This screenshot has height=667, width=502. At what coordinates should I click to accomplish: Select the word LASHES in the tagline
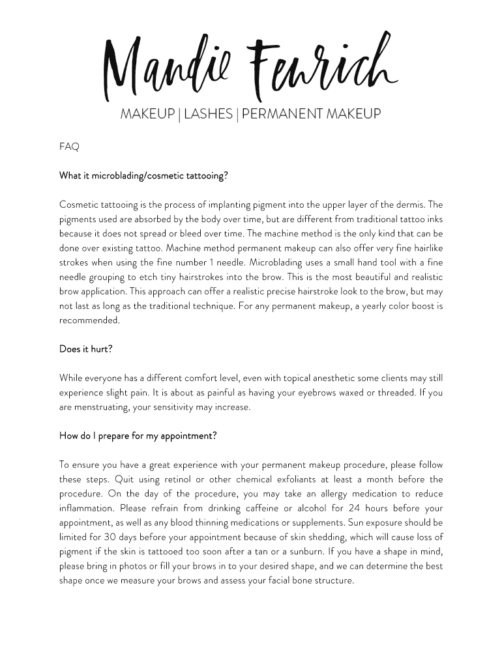208,114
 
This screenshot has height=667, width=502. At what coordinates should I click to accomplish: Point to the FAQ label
69,147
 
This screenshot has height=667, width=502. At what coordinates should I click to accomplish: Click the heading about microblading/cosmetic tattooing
143,176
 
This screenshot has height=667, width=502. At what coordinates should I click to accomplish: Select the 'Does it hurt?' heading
86,348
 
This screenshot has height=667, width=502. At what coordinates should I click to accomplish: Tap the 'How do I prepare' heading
138,436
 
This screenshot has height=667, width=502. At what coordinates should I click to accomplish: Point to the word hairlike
425,248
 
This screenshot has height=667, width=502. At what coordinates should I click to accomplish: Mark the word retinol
157,479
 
